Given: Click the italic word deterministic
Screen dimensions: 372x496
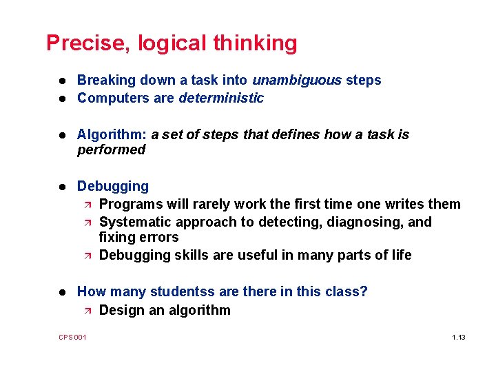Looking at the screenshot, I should pyautogui.click(x=221, y=98).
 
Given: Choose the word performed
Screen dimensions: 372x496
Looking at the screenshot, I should pyautogui.click(x=111, y=149).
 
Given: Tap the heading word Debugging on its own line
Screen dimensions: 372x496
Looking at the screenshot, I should pyautogui.click(x=113, y=186).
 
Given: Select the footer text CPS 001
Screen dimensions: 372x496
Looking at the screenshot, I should pyautogui.click(x=72, y=337).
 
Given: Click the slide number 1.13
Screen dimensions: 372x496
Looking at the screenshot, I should pyautogui.click(x=459, y=337).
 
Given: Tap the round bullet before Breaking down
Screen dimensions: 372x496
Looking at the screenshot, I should pyautogui.click(x=62, y=81).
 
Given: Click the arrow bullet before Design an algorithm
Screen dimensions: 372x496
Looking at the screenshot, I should pyautogui.click(x=85, y=310).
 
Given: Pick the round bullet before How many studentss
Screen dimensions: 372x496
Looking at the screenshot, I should pyautogui.click(x=62, y=292).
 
